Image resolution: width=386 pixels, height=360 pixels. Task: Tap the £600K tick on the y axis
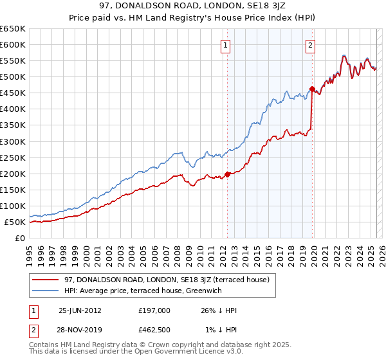coord(13,45)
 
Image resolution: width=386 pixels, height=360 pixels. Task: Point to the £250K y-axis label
coord(13,157)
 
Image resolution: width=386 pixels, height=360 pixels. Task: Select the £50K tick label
coord(15,222)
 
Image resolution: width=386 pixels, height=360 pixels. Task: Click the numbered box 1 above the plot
coord(226,45)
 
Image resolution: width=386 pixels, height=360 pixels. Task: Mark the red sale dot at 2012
coord(227,174)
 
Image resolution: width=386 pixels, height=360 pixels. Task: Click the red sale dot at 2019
coord(312,89)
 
